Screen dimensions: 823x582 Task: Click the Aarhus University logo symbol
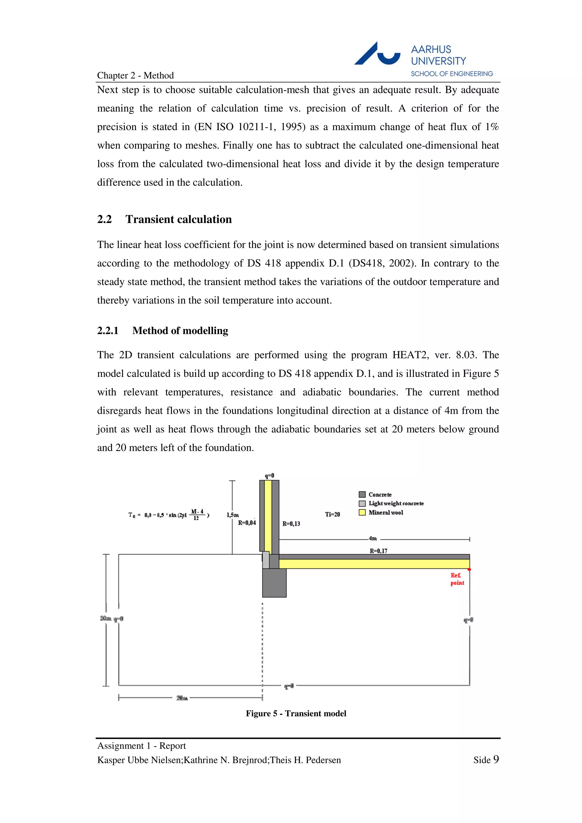tap(377, 55)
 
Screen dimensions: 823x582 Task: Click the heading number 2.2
tap(104, 219)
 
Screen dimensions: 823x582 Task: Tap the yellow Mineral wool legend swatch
tap(362, 512)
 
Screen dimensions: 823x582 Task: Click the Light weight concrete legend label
tap(396, 503)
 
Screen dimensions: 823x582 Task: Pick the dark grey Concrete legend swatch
tap(362, 494)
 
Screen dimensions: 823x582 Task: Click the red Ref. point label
tap(457, 579)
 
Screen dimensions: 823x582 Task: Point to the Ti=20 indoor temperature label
tap(332, 514)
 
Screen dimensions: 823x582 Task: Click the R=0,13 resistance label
tap(291, 524)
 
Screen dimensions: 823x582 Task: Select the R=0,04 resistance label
tap(247, 523)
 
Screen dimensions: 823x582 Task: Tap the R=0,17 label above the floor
tap(378, 551)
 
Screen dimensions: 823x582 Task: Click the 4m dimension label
tap(373, 538)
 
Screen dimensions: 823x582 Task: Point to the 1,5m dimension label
tap(233, 515)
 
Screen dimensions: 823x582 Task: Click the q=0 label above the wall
tap(269, 476)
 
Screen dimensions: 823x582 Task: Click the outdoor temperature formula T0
tap(169, 515)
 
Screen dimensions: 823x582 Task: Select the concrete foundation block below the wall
tap(274, 582)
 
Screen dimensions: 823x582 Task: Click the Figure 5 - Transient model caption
tap(296, 713)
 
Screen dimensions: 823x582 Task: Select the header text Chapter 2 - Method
tap(135, 75)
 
